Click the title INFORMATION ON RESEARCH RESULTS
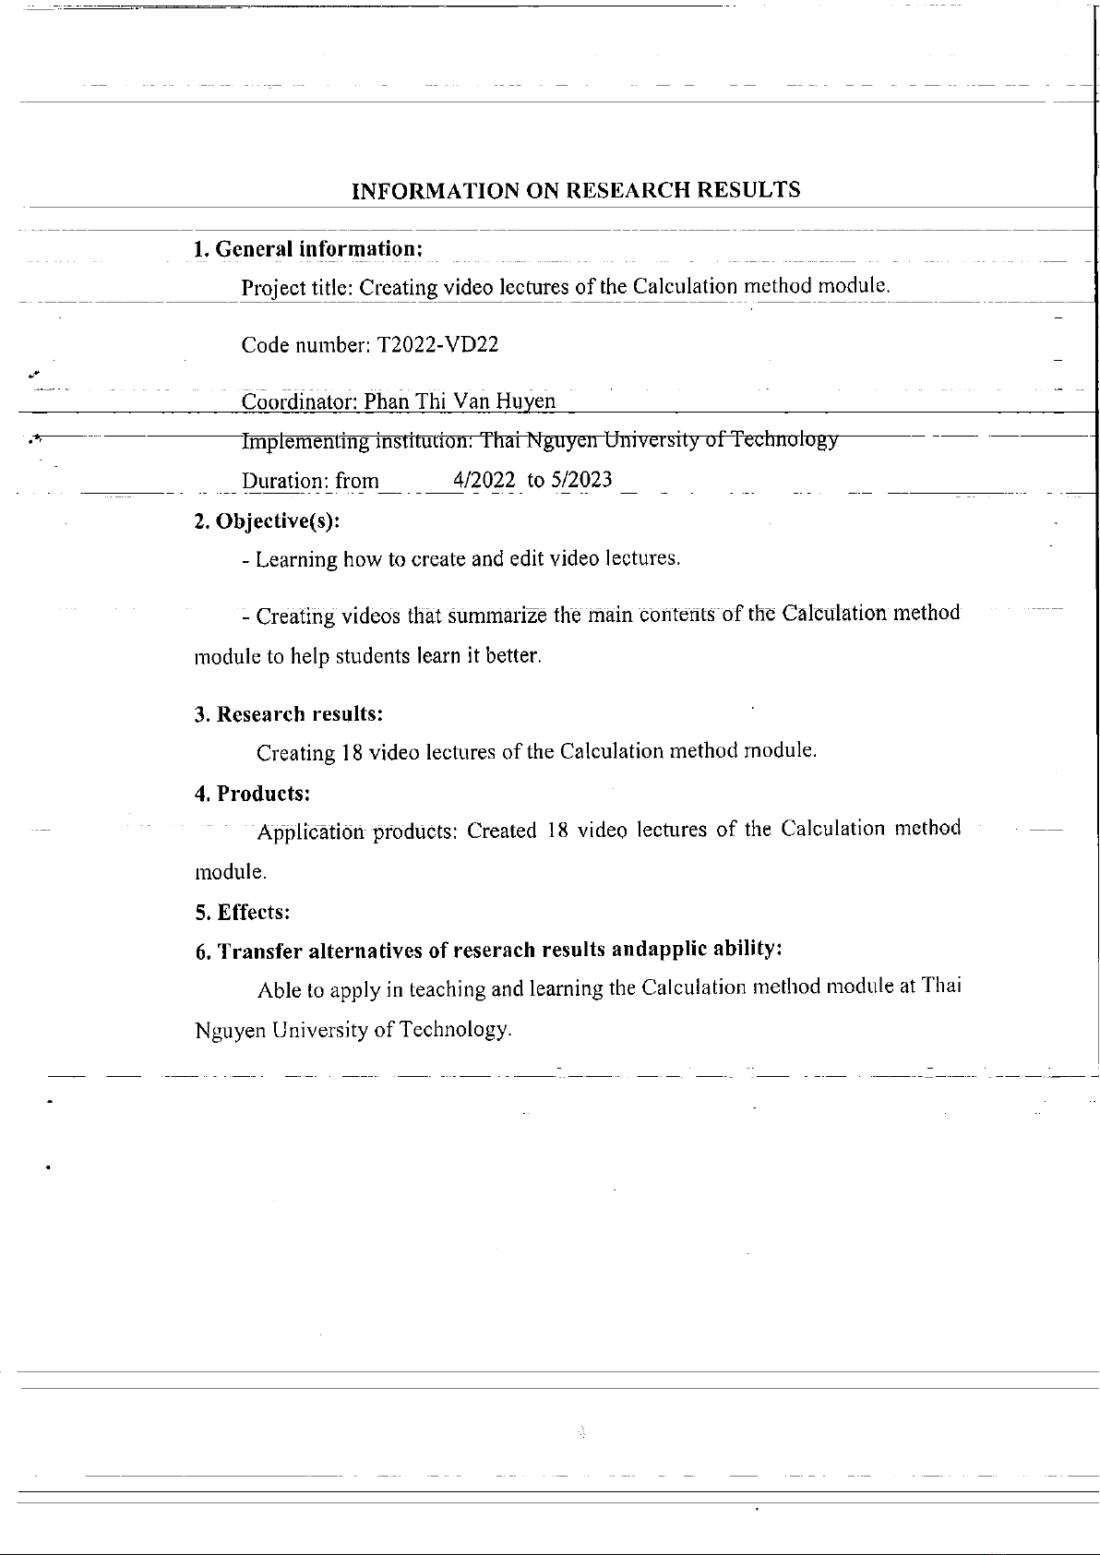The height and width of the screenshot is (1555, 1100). tap(577, 191)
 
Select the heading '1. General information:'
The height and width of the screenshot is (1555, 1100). tap(308, 249)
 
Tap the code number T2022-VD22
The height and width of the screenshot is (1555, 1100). tap(437, 345)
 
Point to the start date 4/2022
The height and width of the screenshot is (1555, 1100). tap(484, 481)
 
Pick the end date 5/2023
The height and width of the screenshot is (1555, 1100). tap(581, 481)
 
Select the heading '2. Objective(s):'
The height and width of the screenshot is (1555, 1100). tap(267, 521)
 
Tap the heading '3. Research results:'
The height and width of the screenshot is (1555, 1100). tap(289, 714)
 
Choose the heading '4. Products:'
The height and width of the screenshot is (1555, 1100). tap(252, 794)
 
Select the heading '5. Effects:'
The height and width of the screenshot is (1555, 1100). tap(243, 913)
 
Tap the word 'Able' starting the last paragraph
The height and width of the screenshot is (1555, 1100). tap(280, 991)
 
